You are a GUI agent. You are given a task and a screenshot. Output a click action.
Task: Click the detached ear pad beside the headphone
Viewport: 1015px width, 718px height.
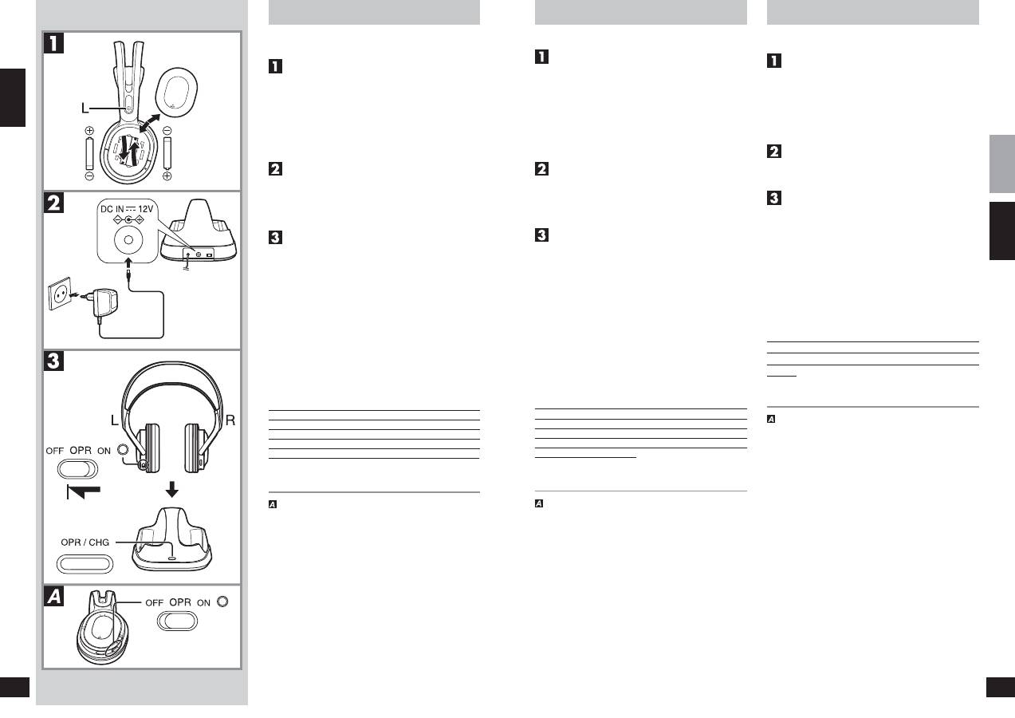pos(176,93)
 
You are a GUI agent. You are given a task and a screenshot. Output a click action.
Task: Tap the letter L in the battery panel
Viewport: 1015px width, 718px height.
pos(85,108)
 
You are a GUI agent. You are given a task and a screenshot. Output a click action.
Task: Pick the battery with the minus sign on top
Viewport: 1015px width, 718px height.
pos(167,153)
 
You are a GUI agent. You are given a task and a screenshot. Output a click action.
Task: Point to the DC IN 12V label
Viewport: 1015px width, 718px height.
pos(127,209)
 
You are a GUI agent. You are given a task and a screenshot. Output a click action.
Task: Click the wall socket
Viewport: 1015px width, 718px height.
pos(60,294)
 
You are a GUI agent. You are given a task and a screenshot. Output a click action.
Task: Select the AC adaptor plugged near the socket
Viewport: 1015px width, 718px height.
pos(104,303)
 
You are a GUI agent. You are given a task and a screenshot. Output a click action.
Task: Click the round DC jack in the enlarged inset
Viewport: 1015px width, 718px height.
pos(128,240)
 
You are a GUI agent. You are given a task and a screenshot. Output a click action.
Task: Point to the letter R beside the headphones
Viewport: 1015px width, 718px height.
pos(230,420)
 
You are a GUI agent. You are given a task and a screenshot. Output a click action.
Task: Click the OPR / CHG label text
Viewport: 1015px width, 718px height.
pos(85,542)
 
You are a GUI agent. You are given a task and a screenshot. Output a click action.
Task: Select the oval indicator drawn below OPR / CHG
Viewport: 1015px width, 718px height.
pos(85,564)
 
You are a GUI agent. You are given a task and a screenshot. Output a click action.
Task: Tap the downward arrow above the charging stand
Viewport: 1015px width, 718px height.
pos(171,489)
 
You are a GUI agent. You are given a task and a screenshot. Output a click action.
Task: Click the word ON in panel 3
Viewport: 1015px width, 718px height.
pos(104,451)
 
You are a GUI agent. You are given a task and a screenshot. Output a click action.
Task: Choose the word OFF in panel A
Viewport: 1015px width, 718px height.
pos(154,603)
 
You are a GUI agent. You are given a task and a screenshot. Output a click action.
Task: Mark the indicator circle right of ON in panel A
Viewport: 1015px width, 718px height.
pos(222,602)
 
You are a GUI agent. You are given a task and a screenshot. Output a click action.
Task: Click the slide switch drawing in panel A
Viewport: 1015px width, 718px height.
pos(177,621)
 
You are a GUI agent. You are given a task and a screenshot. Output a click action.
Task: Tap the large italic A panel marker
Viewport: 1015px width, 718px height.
pos(54,596)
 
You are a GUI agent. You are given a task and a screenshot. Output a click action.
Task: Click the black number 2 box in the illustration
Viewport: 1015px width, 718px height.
pos(54,203)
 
